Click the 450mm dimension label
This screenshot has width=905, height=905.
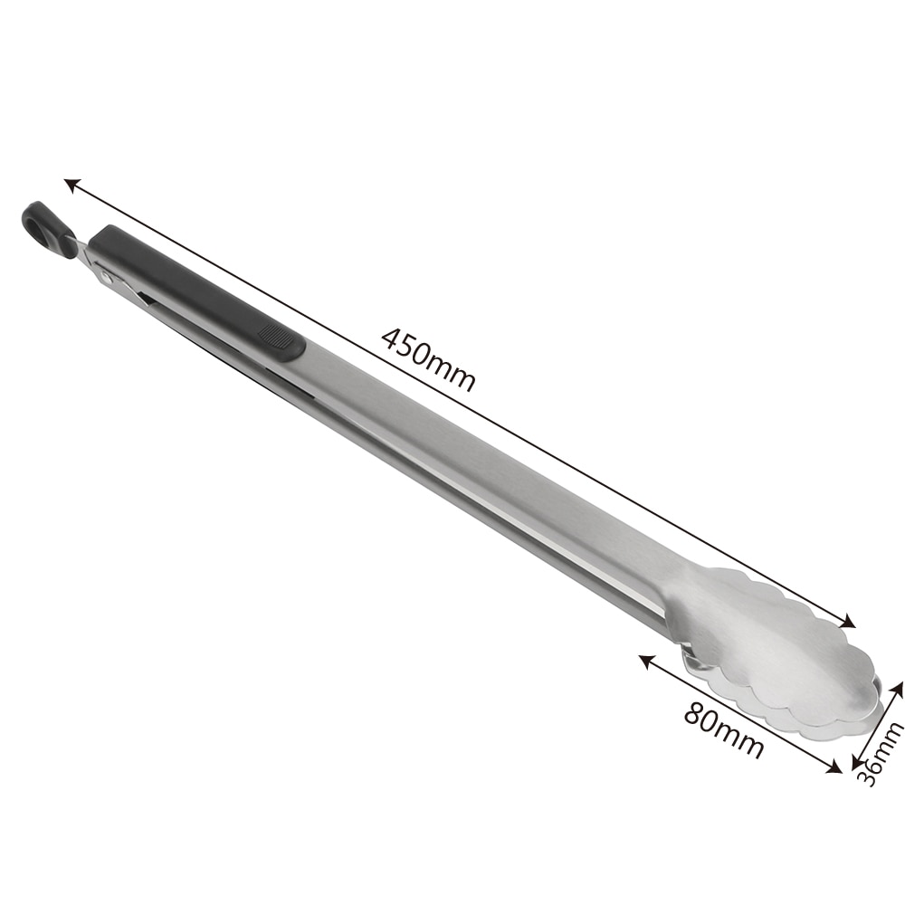(428, 358)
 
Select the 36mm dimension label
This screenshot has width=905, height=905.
(879, 753)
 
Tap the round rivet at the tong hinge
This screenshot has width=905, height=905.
(107, 275)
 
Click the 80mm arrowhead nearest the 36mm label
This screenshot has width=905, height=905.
(836, 769)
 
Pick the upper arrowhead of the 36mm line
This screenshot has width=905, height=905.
(899, 688)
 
